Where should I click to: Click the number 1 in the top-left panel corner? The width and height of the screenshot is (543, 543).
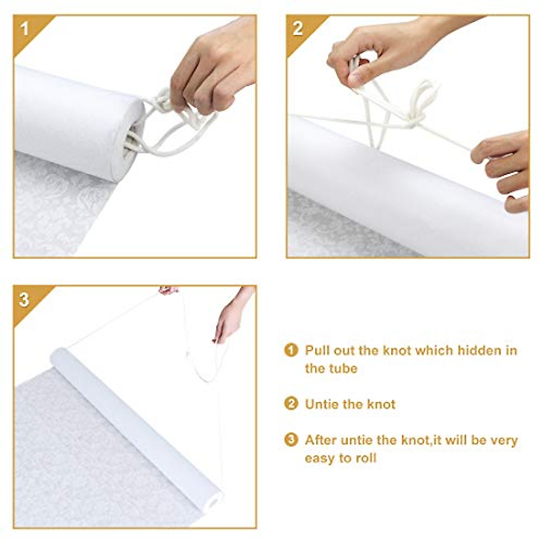pyautogui.click(x=24, y=29)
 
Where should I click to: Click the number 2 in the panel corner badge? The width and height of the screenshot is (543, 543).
pyautogui.click(x=297, y=29)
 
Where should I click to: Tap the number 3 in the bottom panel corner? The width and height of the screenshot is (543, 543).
pyautogui.click(x=24, y=300)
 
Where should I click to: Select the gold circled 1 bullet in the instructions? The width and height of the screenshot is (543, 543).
pyautogui.click(x=291, y=350)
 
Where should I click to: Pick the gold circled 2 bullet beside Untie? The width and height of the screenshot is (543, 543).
pyautogui.click(x=291, y=404)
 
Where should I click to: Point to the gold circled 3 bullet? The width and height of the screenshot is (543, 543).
pyautogui.click(x=291, y=439)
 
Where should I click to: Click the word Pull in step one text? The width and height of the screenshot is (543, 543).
pyautogui.click(x=317, y=350)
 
